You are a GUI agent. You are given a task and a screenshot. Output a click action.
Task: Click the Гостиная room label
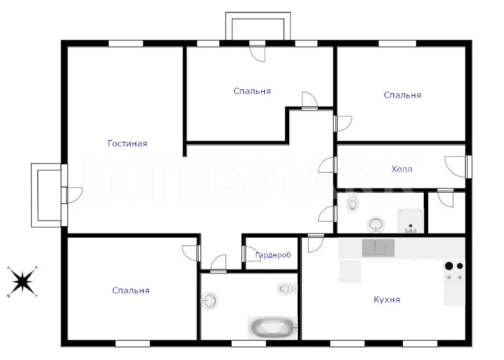128,144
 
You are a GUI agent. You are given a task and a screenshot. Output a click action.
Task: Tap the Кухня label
387,300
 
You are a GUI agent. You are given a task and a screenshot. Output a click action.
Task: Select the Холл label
401,169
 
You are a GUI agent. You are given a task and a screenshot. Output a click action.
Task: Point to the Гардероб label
273,255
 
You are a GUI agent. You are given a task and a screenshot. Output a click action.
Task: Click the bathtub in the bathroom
273,327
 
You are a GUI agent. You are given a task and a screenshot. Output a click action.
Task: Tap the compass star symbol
22,281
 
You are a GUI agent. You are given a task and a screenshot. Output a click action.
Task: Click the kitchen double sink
378,248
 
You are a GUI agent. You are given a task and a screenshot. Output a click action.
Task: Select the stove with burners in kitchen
454,272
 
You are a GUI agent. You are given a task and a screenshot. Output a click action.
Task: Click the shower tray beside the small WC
411,220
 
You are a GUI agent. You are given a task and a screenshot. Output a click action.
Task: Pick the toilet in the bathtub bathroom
285,288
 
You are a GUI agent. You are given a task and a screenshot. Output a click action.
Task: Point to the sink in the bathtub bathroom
209,301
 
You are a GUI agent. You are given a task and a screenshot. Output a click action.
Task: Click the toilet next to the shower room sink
353,203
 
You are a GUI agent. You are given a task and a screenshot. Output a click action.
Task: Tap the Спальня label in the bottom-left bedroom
131,291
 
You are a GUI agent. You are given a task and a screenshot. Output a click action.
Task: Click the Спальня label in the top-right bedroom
403,95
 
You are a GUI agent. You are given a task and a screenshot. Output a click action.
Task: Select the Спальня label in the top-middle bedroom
252,91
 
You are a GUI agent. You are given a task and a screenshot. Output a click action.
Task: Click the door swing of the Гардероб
249,254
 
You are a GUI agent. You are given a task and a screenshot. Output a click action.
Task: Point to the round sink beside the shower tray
376,224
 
